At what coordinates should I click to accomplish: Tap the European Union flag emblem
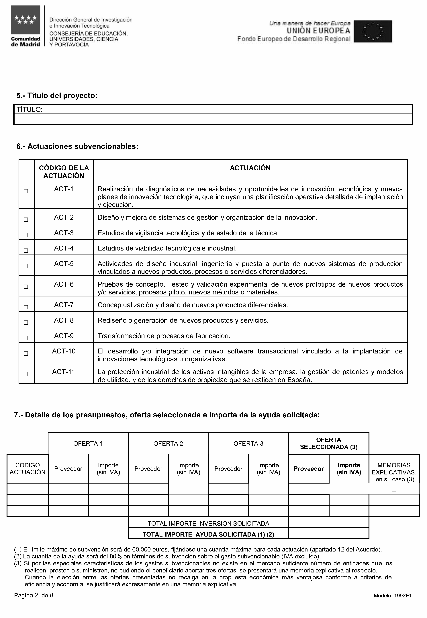pyautogui.click(x=373, y=31)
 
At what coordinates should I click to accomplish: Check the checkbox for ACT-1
pyautogui.click(x=26, y=191)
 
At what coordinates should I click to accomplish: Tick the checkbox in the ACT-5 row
pyautogui.click(x=26, y=266)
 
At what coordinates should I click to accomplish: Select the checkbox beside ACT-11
pyautogui.click(x=26, y=374)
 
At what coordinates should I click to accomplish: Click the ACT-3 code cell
pyautogui.click(x=64, y=233)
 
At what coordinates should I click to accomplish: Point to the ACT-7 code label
pyautogui.click(x=64, y=305)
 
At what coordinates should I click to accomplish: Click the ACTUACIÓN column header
pyautogui.click(x=250, y=168)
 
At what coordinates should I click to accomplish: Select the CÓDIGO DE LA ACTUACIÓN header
pyautogui.click(x=64, y=172)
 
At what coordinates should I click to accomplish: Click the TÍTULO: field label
pyautogui.click(x=30, y=109)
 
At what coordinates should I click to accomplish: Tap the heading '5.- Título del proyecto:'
pyautogui.click(x=57, y=95)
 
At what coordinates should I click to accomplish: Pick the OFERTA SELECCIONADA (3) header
pyautogui.click(x=329, y=444)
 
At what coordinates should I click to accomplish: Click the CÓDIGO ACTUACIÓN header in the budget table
pyautogui.click(x=27, y=469)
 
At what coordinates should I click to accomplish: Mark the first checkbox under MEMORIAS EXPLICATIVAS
pyautogui.click(x=394, y=490)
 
